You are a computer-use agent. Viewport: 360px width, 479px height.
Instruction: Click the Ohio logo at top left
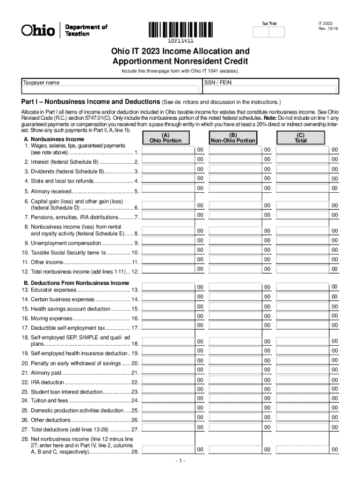tap(38, 30)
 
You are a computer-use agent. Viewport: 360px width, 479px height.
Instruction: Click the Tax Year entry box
tap(268, 31)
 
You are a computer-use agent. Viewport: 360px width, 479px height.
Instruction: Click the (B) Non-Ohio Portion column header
tap(233, 138)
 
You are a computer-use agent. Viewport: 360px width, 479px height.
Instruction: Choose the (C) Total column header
tap(300, 138)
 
